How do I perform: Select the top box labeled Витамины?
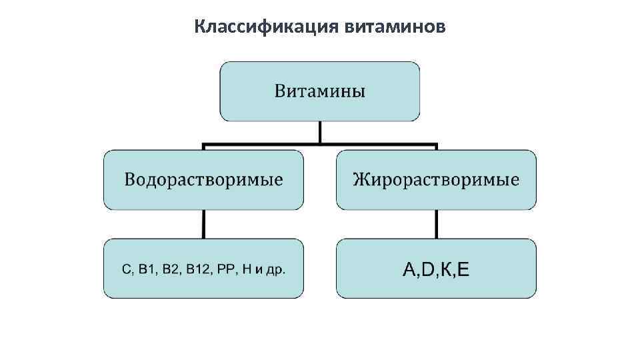coord(320,91)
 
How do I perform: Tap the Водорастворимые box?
coord(203,180)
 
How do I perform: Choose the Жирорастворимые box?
coord(436,180)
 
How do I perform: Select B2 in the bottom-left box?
coord(171,269)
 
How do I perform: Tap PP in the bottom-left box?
coord(228,269)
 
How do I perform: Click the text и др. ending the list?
coord(271,270)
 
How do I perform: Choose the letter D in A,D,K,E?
coord(429,269)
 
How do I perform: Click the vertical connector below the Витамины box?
coord(320,131)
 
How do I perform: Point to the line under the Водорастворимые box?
coord(203,224)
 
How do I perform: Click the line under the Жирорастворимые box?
coord(436,224)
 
